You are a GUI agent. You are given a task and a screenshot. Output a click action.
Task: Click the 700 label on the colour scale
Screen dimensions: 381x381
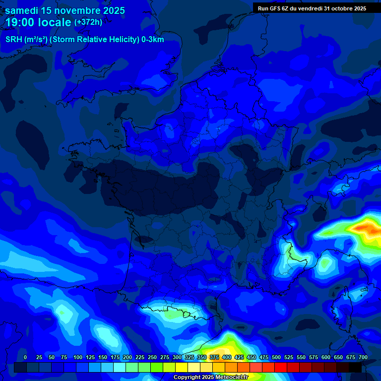click(363, 358)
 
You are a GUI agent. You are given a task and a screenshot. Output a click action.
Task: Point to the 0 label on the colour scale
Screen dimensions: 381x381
click(25, 358)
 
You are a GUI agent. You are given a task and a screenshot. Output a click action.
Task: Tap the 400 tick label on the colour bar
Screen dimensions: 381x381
click(227, 358)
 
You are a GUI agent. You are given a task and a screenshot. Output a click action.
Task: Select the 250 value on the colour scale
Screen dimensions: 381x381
click(152, 358)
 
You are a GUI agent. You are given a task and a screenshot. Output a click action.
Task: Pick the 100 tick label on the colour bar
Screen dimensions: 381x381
click(78, 358)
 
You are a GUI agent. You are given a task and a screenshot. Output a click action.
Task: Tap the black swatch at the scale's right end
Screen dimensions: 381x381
click(355, 367)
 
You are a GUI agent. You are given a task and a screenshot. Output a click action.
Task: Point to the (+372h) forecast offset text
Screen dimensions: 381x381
click(88, 22)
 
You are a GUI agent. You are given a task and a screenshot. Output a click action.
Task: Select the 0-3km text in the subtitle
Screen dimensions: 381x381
click(152, 40)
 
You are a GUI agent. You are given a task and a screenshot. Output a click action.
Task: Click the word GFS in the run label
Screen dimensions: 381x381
click(279, 8)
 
